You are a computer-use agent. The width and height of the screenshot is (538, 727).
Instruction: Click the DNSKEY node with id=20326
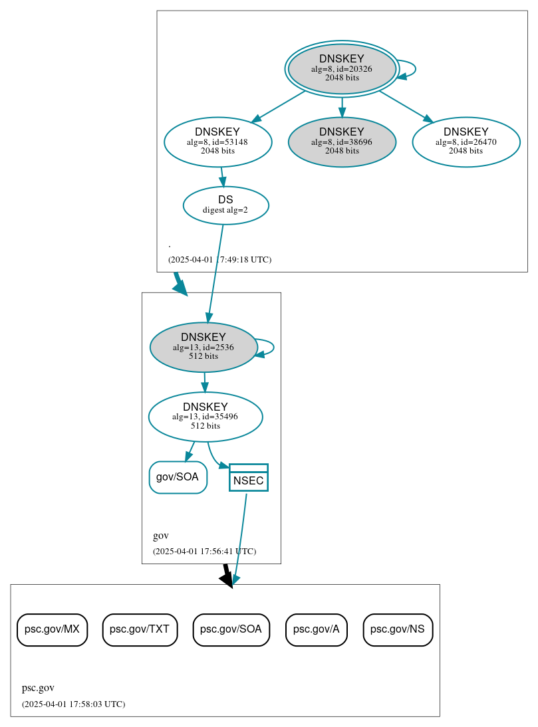point(342,68)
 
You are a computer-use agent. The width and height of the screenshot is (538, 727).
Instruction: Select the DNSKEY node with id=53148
point(217,142)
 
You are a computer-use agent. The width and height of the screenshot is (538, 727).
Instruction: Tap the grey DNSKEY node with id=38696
point(342,142)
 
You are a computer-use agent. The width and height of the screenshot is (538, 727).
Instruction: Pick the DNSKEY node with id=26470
point(466,142)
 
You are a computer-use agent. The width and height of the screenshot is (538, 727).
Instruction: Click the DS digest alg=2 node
point(225,205)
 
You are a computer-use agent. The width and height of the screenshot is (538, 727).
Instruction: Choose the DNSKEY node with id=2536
point(203,347)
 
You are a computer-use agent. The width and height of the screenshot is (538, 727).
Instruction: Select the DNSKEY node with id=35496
point(205,417)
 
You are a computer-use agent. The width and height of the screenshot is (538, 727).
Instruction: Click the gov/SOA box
point(178,477)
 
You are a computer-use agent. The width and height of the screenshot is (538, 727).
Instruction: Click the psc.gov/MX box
point(52,629)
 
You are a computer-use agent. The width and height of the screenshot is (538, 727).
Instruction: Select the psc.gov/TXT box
point(140,629)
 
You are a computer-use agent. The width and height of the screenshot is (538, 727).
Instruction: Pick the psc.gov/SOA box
point(231,629)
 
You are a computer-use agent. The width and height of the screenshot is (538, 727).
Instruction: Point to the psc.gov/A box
point(317,629)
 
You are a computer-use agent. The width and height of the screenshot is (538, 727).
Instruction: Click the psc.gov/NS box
point(398,629)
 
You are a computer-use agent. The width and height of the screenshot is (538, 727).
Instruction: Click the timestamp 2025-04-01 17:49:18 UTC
point(219,260)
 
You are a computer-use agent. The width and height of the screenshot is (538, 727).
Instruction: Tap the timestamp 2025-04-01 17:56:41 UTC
point(204,552)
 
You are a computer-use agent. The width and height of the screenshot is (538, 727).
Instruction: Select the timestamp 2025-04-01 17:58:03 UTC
point(73,704)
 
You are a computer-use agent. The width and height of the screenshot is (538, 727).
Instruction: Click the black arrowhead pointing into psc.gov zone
point(227,580)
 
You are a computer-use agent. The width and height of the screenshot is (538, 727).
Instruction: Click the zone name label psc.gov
point(38,688)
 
